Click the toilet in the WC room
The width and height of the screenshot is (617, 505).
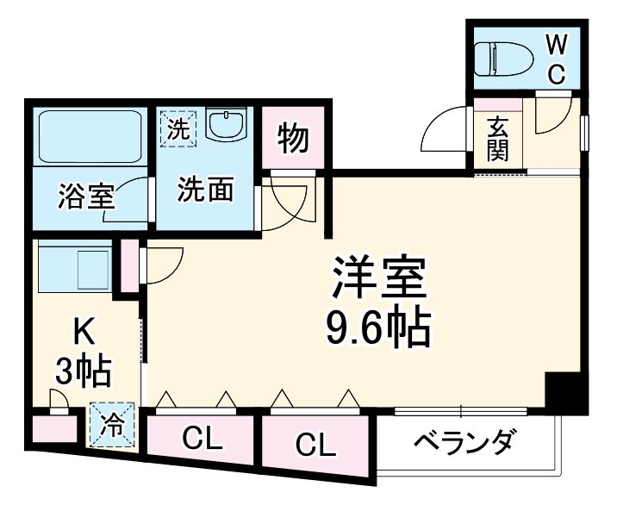coord(508,58)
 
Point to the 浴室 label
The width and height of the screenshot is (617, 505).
coord(86,196)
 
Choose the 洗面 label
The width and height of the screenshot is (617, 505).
coord(205,190)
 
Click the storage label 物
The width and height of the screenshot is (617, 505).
coord(294,138)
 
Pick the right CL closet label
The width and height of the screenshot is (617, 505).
coord(316,445)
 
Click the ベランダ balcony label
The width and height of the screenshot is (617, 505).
coord(464,445)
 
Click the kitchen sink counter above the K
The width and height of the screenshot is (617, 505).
coord(75,269)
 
